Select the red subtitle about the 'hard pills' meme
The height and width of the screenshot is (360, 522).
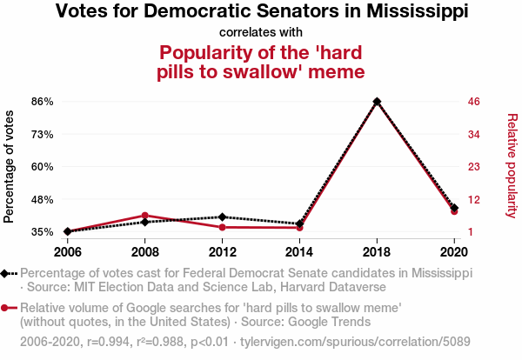(261, 62)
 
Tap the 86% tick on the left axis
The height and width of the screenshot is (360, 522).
(41, 102)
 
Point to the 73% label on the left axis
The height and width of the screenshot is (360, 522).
(41, 134)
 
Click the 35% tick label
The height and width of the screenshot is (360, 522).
(41, 232)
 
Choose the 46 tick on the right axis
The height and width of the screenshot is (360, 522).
(474, 102)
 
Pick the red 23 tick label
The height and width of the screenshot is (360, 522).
(474, 167)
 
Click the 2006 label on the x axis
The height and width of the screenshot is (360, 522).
(67, 252)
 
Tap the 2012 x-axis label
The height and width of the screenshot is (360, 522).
(222, 252)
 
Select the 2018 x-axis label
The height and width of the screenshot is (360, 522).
(377, 252)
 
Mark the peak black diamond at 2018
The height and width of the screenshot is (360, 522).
(377, 102)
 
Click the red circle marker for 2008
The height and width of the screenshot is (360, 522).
(144, 215)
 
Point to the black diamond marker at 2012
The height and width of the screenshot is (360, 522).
(222, 217)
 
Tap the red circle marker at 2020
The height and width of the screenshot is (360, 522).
(454, 211)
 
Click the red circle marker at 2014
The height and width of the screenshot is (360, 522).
(299, 227)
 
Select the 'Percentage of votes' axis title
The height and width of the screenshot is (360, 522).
(10, 167)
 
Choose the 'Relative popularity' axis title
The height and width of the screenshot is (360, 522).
(512, 165)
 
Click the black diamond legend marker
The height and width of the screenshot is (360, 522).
(6, 273)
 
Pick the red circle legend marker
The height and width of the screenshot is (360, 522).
(6, 308)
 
